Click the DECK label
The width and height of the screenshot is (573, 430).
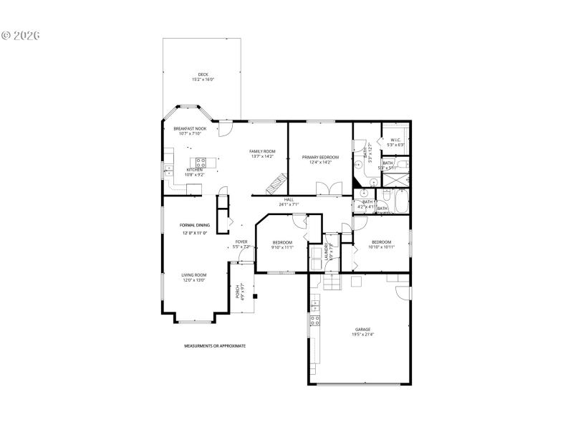203,75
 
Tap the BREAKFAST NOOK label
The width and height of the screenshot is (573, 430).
189,128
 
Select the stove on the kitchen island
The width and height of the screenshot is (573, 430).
201,161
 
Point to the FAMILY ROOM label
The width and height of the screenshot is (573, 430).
262,151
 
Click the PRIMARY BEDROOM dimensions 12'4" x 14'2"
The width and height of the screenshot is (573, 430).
319,162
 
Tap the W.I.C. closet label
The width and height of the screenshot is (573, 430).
395,140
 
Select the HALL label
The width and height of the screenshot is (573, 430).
289,200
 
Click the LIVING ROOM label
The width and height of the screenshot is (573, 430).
193,275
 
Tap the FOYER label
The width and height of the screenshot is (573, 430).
242,242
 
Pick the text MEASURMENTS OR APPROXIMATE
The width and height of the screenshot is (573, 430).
215,345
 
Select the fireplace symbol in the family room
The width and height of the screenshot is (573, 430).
276,184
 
